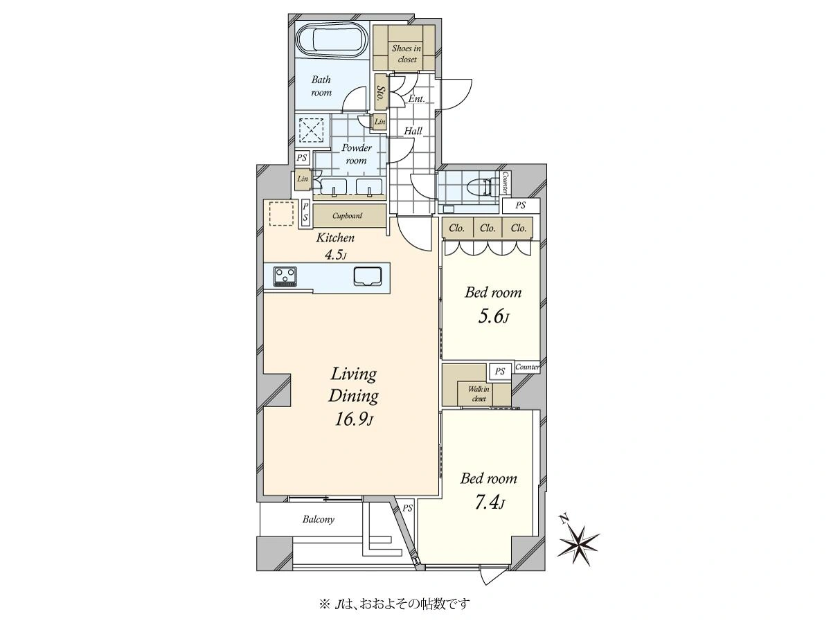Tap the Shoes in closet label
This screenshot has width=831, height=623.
point(406,54)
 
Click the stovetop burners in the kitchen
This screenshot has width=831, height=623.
point(285,277)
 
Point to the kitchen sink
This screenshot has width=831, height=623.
point(368,276)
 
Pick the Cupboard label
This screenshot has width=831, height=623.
point(347,215)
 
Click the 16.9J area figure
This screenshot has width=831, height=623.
point(354,419)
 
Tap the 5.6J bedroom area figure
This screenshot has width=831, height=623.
point(493,316)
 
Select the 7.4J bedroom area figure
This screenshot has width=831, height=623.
point(490,503)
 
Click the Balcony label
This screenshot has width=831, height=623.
point(319,519)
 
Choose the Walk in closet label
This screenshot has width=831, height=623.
point(479,394)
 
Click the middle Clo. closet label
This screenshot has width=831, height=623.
point(488,228)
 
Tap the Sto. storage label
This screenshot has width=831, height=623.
point(379,92)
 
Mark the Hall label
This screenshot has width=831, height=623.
point(413,132)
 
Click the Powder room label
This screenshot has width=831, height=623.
point(356,154)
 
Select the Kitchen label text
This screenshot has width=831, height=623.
point(335,238)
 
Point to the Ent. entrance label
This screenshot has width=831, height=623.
point(416,99)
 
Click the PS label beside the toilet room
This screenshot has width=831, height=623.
point(520,205)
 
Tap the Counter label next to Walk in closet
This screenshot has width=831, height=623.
point(528,367)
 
